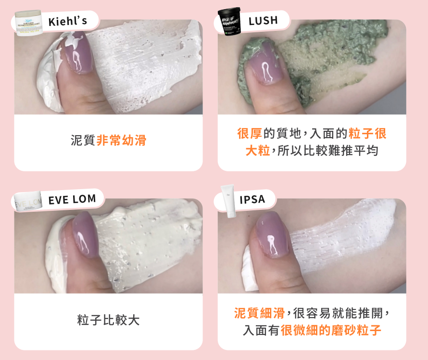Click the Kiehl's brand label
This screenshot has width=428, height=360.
tap(68, 21)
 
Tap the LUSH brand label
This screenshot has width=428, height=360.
tap(263, 21)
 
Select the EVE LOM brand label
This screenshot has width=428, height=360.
tap(72, 199)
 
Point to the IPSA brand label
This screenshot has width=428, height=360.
tap(252, 199)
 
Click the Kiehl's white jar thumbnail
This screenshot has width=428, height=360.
tap(29, 23)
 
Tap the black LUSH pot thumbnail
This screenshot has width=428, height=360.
tap(229, 21)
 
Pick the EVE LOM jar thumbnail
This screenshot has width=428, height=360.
tap(28, 202)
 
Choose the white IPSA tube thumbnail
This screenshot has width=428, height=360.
tap(228, 201)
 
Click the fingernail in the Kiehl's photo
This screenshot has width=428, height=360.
tap(78, 52)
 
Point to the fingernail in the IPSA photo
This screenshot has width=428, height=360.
tap(272, 235)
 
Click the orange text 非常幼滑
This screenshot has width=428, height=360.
tap(122, 140)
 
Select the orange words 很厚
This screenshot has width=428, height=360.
tap(250, 134)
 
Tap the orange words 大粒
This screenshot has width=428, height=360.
tap(258, 151)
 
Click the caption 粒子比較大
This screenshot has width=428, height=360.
tap(108, 320)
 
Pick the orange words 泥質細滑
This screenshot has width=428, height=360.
tap(259, 313)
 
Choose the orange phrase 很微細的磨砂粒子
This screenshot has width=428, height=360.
tap(331, 330)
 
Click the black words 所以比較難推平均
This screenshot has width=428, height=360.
tap(328, 151)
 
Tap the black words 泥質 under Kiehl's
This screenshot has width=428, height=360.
tap(83, 140)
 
